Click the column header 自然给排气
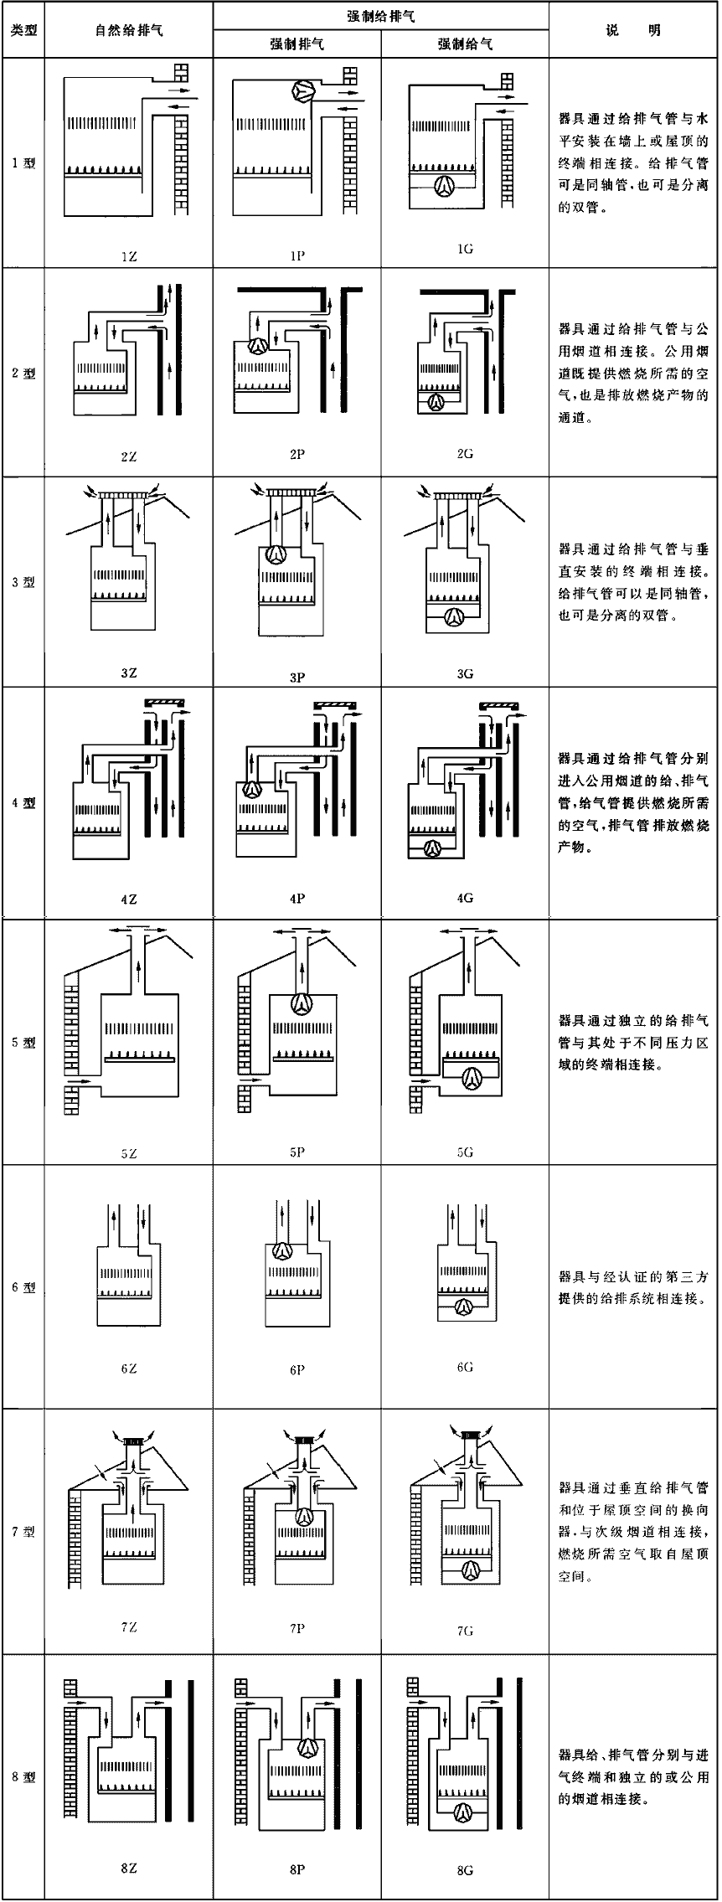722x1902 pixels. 128,30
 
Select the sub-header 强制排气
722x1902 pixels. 297,44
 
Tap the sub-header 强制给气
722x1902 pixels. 466,44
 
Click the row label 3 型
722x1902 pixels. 23,582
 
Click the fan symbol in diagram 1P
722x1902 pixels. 303,91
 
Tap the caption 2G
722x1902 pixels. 466,453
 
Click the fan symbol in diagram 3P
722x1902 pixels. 276,554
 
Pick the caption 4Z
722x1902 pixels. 128,899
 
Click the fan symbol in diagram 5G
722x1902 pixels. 472,1079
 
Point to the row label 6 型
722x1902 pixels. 23,1286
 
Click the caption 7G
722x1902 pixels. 466,1631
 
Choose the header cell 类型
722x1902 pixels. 23,30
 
